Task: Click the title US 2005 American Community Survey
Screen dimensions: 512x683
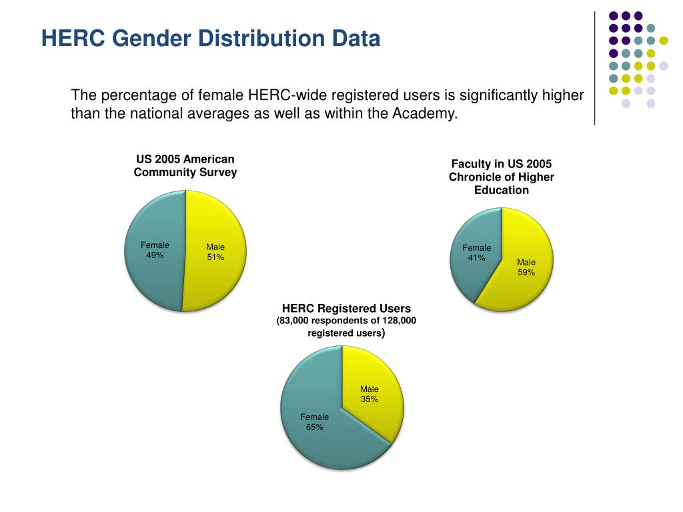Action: click(x=185, y=166)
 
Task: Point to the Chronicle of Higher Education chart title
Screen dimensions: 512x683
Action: click(x=502, y=177)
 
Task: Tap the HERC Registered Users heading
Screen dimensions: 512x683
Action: click(x=346, y=309)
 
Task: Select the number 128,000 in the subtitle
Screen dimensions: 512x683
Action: click(x=394, y=321)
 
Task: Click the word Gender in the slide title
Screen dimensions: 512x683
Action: click(x=153, y=38)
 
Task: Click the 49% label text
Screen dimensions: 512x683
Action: click(x=155, y=255)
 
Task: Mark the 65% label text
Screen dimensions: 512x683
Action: click(x=314, y=427)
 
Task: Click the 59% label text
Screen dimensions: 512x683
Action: click(x=526, y=272)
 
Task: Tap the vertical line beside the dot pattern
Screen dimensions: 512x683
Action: click(x=594, y=67)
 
